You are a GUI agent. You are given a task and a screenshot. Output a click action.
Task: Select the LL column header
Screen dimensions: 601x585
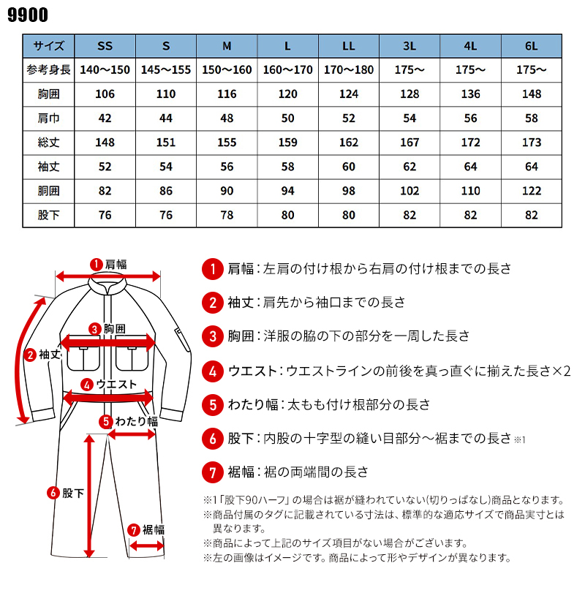point(349,47)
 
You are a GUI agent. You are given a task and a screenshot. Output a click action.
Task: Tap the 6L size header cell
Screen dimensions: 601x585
point(531,47)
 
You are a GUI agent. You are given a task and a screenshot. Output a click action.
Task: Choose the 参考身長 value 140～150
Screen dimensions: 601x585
point(105,70)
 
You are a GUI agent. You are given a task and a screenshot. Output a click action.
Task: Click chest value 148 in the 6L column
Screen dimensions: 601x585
point(531,94)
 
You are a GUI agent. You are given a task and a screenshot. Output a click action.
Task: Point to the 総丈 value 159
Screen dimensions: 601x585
point(288,143)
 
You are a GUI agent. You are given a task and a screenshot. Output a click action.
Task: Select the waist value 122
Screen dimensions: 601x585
point(531,191)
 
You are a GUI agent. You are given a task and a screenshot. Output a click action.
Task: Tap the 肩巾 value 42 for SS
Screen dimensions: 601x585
point(105,118)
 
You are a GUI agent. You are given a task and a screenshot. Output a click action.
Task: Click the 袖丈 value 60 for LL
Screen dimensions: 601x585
point(349,167)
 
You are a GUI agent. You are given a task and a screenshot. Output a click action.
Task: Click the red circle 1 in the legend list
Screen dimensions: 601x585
point(212,269)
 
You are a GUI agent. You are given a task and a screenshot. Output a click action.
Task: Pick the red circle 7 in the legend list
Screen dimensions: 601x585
point(212,472)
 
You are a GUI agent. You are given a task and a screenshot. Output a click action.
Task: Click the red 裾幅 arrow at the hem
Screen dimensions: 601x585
point(145,545)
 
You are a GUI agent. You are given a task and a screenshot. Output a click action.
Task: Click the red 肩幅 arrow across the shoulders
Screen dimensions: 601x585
point(108,276)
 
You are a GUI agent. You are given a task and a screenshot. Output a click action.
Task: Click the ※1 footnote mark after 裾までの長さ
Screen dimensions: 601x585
point(519,440)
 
